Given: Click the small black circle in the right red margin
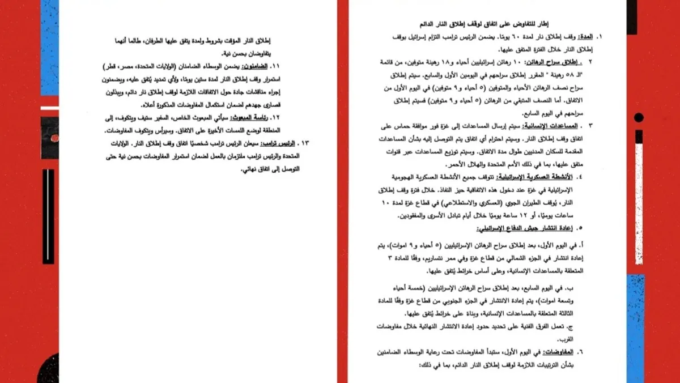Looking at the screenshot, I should point(639,118).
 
